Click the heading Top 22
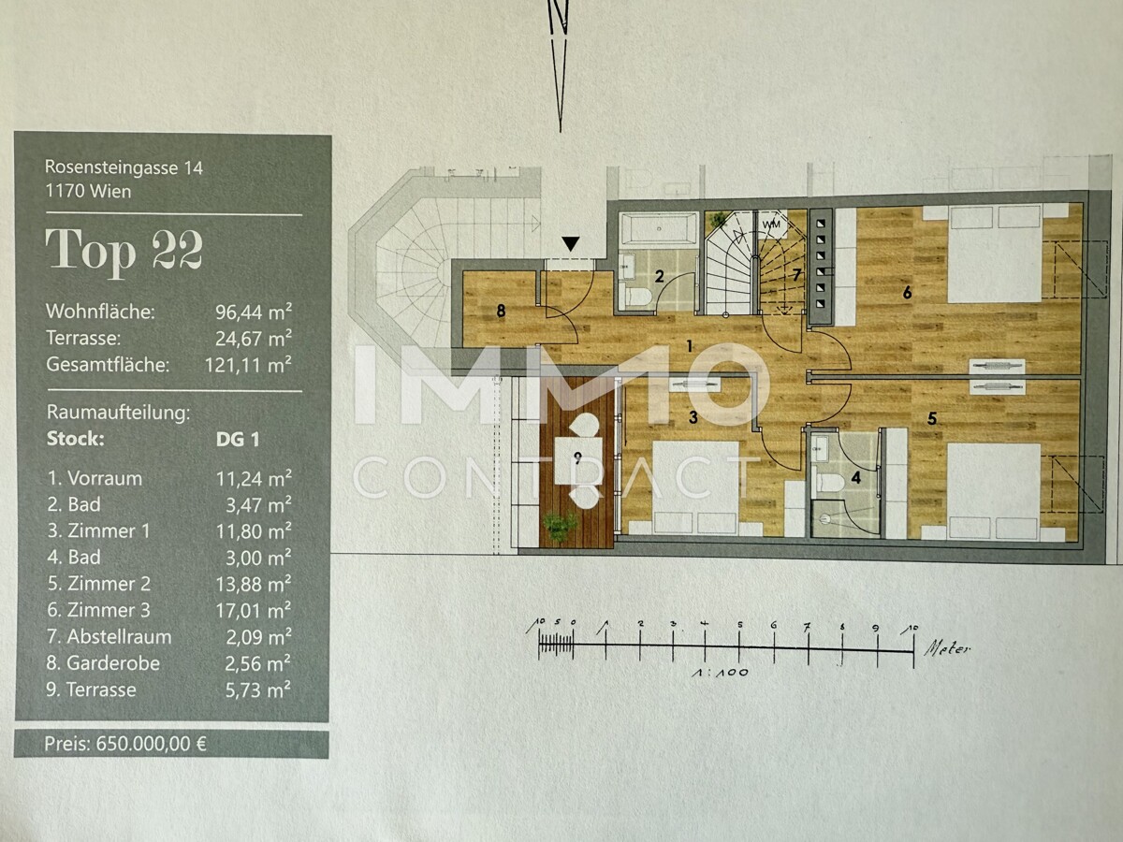coord(124,251)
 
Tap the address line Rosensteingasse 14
coord(124,168)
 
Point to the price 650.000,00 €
coord(125,745)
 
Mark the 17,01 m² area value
coord(254,610)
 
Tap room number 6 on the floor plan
coord(907,293)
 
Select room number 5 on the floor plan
coord(932,418)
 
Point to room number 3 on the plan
coord(693,418)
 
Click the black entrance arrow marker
coord(570,244)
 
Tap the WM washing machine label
coord(771,225)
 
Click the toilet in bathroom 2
coord(637,298)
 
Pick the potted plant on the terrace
coord(561,528)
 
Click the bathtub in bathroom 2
coord(659,227)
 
